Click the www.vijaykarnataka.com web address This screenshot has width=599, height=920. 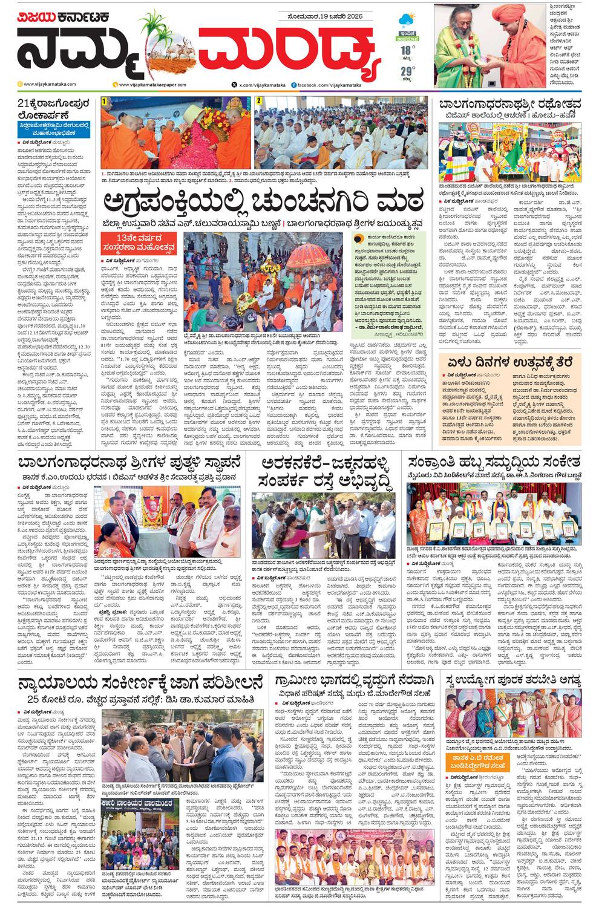point(51,85)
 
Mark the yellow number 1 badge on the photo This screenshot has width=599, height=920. point(104,101)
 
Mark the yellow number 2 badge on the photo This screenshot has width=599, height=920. point(258,100)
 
